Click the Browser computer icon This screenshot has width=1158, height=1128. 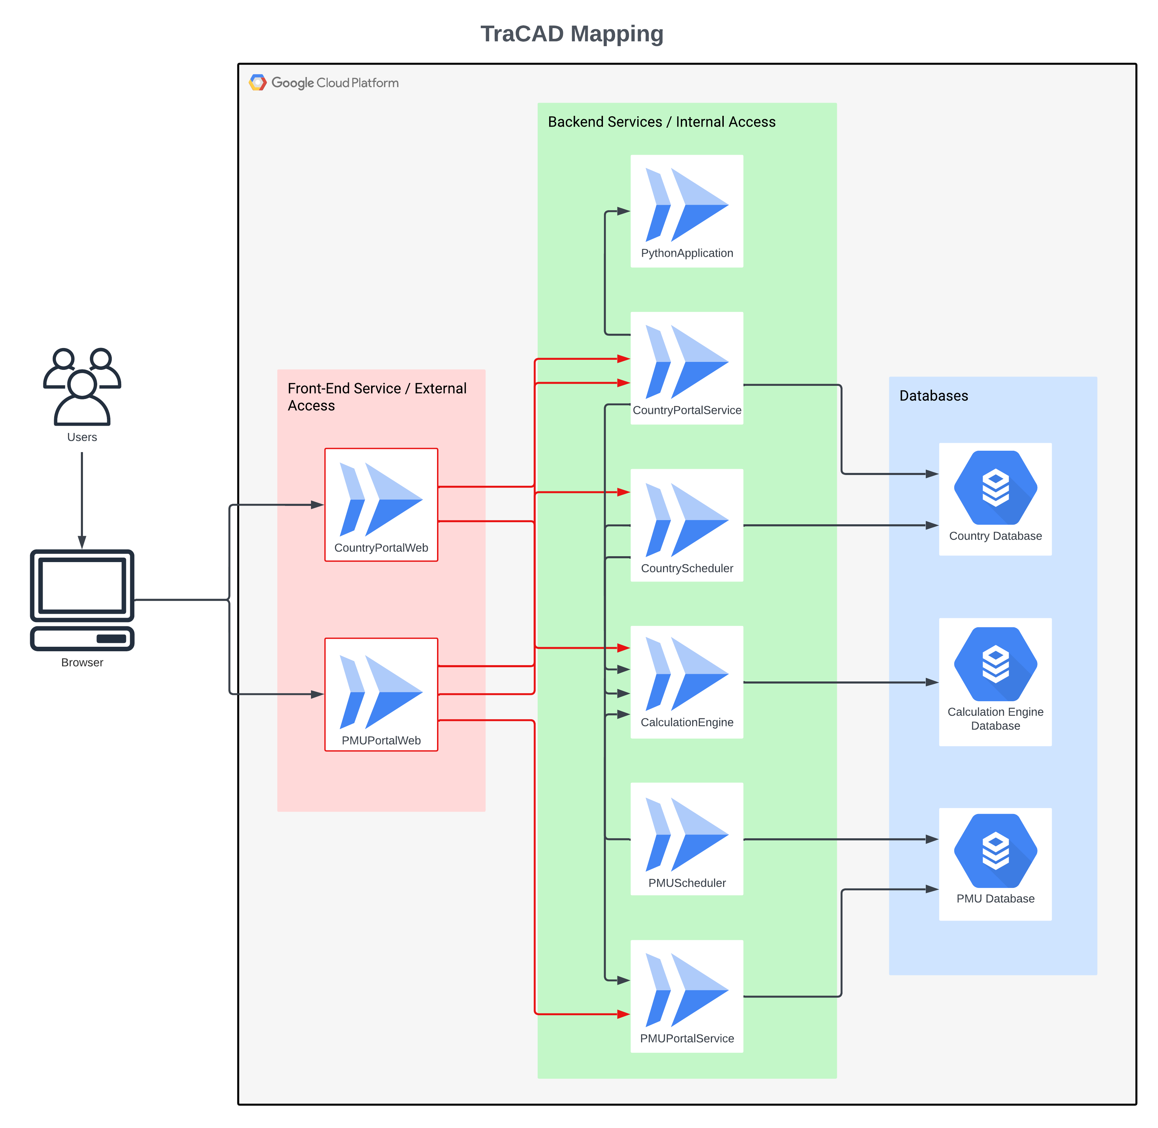coord(82,600)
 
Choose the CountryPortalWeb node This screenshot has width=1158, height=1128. coord(381,505)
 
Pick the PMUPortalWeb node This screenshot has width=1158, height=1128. coord(381,694)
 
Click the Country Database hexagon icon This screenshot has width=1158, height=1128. coord(995,487)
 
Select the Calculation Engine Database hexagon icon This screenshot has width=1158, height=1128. coord(995,663)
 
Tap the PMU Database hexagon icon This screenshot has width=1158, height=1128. coord(995,850)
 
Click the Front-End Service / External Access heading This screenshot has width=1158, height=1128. coord(377,397)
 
